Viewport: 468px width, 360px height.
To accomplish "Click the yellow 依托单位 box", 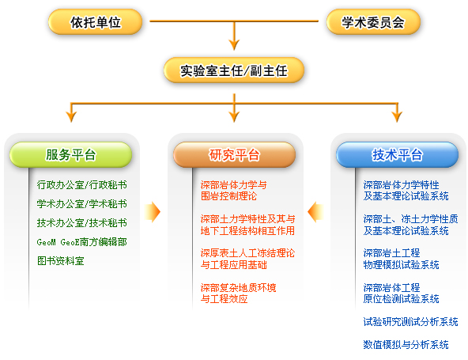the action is coord(95,22).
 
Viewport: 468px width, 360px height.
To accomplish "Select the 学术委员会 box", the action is coord(373,22).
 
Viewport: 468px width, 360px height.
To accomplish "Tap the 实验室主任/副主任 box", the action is coord(234,70).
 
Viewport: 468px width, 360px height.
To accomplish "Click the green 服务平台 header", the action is coord(70,155).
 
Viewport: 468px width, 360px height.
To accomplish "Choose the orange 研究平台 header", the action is coord(234,155).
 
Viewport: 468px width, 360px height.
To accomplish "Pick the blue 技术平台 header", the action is coord(398,155).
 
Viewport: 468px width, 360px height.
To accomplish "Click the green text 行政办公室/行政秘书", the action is coord(81,185).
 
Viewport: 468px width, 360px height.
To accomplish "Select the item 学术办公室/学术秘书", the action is coord(81,204).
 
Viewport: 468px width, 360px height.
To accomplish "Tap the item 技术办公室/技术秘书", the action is coord(81,222).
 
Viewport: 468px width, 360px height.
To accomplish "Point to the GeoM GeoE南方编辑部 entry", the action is coord(81,241).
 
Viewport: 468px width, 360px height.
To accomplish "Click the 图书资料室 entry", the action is coord(61,261).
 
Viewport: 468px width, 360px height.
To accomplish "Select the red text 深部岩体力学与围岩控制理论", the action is coord(234,191).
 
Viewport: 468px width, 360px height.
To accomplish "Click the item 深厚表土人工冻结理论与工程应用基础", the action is coord(247,259).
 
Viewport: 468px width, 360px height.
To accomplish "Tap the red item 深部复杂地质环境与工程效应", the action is coord(238,293).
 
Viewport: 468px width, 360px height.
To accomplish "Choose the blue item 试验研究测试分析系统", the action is coord(411,322).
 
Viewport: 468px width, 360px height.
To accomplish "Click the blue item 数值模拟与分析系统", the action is coord(406,344).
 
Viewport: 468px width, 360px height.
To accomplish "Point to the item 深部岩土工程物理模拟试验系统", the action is coord(401,259).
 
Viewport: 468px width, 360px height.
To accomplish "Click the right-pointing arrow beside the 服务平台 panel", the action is coord(153,212).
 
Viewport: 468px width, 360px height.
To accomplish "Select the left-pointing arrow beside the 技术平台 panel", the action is coord(315,212).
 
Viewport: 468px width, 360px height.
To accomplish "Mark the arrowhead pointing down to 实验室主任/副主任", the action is coord(234,45).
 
